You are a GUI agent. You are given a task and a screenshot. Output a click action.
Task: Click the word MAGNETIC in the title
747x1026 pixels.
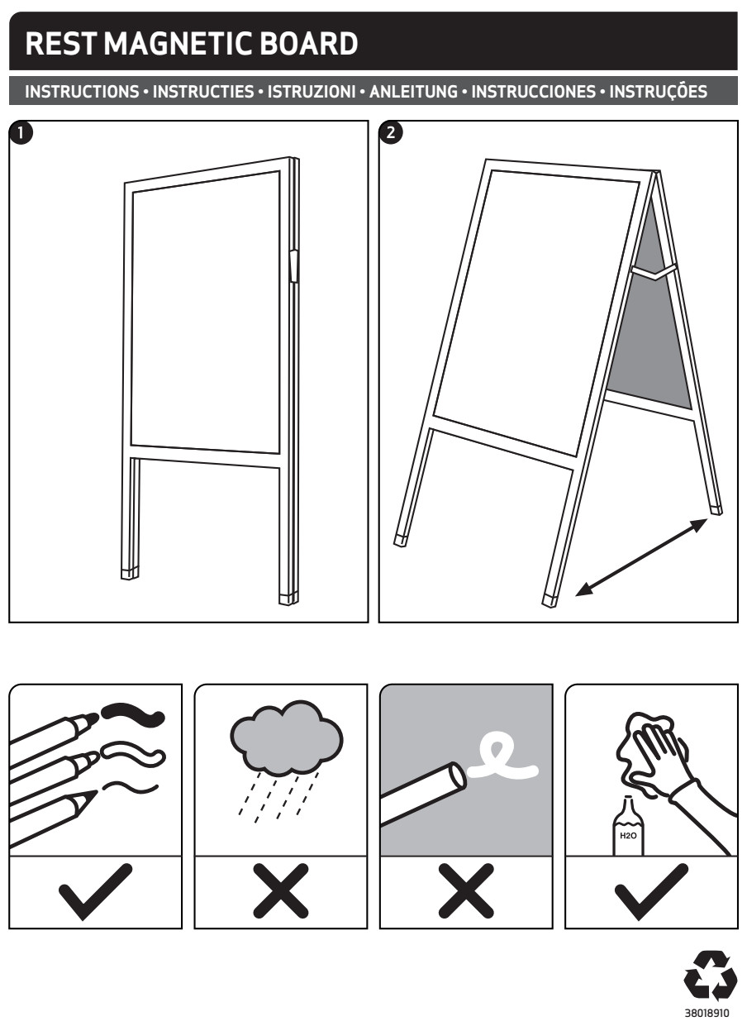point(181,44)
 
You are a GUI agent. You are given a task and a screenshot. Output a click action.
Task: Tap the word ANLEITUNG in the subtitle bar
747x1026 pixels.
point(413,92)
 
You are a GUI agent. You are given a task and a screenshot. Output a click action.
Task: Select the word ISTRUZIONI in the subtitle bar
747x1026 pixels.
point(312,92)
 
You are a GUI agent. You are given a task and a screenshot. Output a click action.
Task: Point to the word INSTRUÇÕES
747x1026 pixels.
point(658,91)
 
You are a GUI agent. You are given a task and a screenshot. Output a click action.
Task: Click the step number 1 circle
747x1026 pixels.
point(21,133)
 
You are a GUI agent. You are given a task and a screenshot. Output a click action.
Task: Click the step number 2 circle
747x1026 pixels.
point(390,133)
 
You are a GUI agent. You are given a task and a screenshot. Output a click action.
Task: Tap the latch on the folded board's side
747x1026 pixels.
point(293,265)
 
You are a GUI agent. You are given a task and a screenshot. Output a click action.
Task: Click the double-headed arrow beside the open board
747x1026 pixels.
point(640,557)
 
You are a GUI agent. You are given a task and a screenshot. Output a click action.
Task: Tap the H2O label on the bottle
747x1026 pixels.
point(628,836)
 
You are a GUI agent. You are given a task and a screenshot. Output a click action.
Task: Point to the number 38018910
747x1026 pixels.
point(707,1013)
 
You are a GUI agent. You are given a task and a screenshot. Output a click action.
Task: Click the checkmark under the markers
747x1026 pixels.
point(96,892)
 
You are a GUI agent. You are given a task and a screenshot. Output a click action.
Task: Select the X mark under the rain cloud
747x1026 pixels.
point(281,890)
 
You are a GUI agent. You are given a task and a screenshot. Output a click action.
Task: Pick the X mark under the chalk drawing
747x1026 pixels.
point(466,890)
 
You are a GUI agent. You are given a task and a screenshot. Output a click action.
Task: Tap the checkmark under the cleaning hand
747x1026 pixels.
point(651,892)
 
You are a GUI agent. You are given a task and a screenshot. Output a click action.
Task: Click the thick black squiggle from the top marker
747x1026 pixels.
point(133,714)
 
